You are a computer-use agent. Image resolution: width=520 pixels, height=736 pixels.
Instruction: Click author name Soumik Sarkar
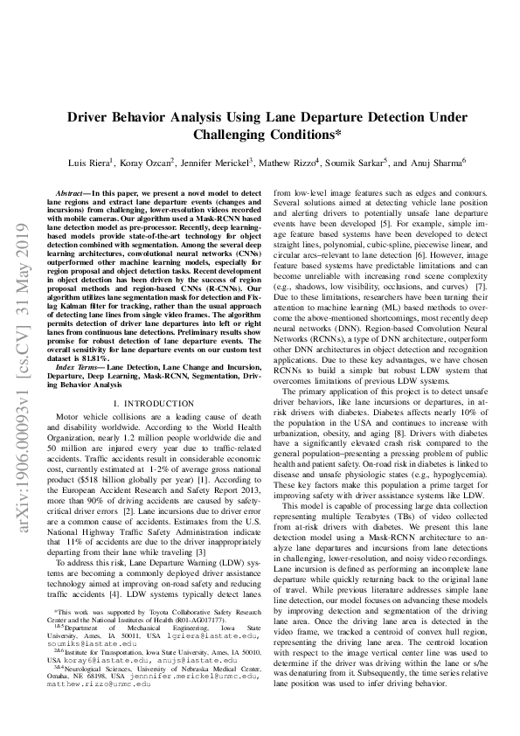[357, 163]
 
